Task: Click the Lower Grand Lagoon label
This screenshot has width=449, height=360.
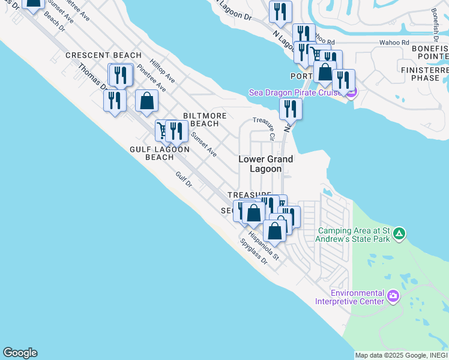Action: tap(266, 164)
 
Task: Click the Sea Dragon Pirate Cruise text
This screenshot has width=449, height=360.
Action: tap(296, 92)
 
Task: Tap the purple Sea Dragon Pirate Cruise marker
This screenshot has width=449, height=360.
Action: tap(352, 92)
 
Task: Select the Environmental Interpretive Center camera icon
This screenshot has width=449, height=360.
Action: tap(393, 295)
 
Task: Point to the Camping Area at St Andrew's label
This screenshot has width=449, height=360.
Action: tap(354, 235)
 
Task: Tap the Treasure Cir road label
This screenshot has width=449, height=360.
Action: tap(264, 128)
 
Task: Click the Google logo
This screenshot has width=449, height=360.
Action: tap(20, 353)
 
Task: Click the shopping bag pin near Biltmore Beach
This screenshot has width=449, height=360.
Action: tap(147, 101)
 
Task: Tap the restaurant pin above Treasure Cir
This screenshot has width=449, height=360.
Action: tap(291, 109)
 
